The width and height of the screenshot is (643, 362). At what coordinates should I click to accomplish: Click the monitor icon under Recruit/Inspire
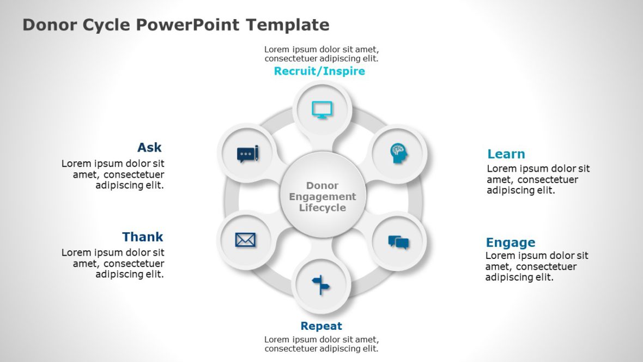(x=322, y=110)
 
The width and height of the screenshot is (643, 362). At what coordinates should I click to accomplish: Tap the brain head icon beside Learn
(x=398, y=154)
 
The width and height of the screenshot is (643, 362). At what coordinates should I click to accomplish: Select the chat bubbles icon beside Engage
(x=398, y=242)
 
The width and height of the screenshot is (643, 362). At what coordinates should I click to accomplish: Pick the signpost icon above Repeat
(x=320, y=285)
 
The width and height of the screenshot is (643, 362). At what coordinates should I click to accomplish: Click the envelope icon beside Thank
(x=245, y=240)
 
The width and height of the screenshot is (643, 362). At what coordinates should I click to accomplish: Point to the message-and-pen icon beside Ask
(x=248, y=154)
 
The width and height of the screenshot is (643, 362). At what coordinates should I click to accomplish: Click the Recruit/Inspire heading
(x=319, y=71)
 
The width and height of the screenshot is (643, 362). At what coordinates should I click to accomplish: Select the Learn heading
(x=506, y=154)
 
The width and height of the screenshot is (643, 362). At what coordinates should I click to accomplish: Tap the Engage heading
(x=511, y=243)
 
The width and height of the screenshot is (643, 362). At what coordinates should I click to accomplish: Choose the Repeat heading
(x=321, y=326)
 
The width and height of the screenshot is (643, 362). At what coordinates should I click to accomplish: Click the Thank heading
(x=143, y=237)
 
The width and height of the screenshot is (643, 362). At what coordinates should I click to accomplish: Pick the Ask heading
(x=149, y=147)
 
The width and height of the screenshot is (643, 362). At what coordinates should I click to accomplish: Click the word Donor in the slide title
(x=50, y=25)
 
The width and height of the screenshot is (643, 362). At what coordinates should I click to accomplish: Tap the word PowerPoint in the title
(x=188, y=25)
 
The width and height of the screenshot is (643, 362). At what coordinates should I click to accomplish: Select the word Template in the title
(x=288, y=25)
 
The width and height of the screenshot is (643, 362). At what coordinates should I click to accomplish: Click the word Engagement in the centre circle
(x=323, y=197)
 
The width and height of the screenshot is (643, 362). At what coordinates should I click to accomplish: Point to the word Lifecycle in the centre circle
(x=323, y=208)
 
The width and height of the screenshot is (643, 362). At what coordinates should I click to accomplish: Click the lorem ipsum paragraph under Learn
(x=538, y=179)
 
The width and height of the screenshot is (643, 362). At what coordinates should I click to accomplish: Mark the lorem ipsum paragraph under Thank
(x=113, y=263)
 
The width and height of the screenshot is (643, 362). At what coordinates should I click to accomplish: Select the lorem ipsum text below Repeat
(x=321, y=344)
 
